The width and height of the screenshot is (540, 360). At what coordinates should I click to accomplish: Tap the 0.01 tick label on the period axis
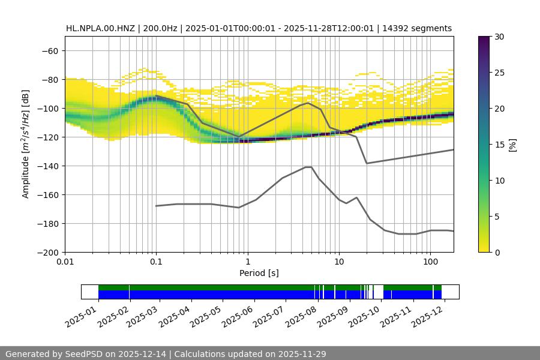pos(65,262)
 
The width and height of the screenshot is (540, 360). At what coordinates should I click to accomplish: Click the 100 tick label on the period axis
pos(430,262)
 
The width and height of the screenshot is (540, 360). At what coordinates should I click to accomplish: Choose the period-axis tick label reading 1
pos(247,262)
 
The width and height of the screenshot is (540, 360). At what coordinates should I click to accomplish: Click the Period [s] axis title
pos(259,273)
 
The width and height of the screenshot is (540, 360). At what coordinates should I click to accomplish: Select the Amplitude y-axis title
pos(26,144)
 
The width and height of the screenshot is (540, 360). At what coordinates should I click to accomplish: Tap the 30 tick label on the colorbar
pos(499,37)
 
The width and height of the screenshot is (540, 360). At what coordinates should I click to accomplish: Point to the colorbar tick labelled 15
pos(499,145)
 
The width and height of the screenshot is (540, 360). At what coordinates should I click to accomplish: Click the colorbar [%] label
pos(512,145)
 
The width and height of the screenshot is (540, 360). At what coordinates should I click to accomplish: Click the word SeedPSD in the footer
pos(83,354)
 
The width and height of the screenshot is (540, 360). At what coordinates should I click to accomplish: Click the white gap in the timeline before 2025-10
pos(378,292)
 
